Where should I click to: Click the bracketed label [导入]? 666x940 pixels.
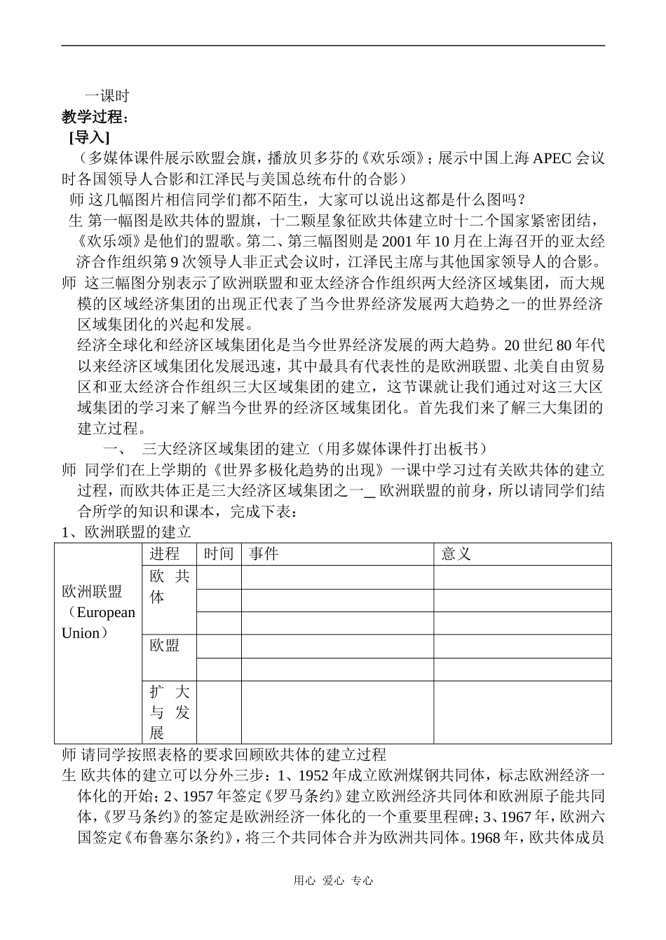point(89,137)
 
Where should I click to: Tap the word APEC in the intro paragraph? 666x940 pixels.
point(552,158)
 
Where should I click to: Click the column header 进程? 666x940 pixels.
point(165,554)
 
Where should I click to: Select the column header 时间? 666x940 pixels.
point(218,554)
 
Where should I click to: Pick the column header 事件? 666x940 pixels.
point(264,554)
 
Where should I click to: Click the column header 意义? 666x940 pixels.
point(456,554)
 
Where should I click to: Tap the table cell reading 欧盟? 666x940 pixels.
point(165,646)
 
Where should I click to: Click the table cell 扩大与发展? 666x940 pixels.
point(169,712)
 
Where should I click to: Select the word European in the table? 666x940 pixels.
point(105,612)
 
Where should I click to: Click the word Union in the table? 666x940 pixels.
point(81,633)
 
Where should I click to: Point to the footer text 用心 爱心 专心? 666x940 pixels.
point(333,881)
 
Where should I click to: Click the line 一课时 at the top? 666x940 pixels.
point(107,96)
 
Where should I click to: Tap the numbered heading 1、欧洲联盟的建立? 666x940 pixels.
point(126,532)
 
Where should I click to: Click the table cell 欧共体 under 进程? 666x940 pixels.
point(169,587)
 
